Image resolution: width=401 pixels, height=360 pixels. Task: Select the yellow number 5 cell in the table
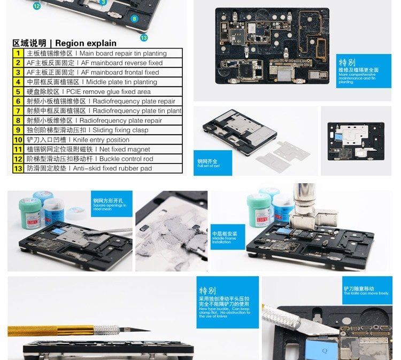click(18, 92)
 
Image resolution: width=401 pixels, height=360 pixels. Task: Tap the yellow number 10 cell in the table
click(18, 140)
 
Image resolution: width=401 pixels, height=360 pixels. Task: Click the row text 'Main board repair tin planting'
click(96, 53)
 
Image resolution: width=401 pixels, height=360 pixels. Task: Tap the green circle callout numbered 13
click(143, 37)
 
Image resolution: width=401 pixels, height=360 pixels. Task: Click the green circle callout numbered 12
click(36, 6)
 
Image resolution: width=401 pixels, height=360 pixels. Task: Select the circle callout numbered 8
click(134, 19)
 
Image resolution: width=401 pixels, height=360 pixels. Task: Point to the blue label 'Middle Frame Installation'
click(225, 236)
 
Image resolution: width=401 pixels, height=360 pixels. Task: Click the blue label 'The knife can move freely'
click(366, 291)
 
